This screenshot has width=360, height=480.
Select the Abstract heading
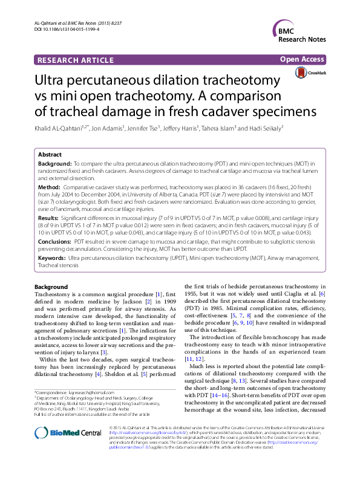tap(50, 155)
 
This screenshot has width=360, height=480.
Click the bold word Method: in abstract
tap(51, 188)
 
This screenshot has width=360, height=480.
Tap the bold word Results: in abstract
tap(50, 216)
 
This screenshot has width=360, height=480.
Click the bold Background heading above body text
tap(51, 287)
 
